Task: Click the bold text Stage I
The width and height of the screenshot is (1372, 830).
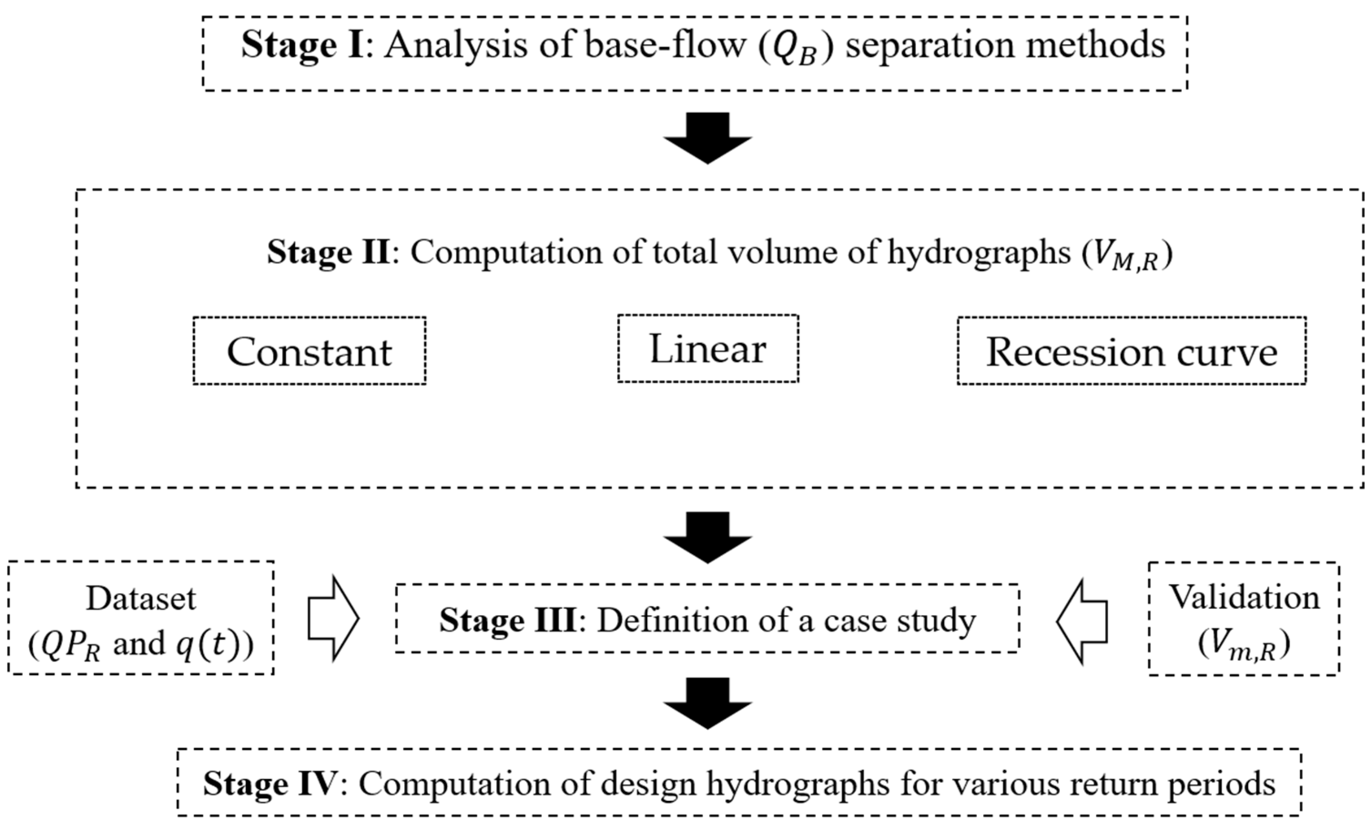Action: (302, 45)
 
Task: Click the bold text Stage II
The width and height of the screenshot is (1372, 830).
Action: (329, 252)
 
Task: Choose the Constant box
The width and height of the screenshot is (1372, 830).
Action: (309, 351)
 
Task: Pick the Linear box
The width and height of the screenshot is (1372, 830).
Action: (708, 349)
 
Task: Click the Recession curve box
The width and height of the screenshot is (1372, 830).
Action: (1131, 351)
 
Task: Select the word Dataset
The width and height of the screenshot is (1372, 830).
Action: (141, 599)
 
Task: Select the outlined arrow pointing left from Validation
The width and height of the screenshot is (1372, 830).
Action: (1081, 621)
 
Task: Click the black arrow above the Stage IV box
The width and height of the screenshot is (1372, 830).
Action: (707, 703)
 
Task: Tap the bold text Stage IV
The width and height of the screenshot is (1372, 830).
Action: (269, 784)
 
